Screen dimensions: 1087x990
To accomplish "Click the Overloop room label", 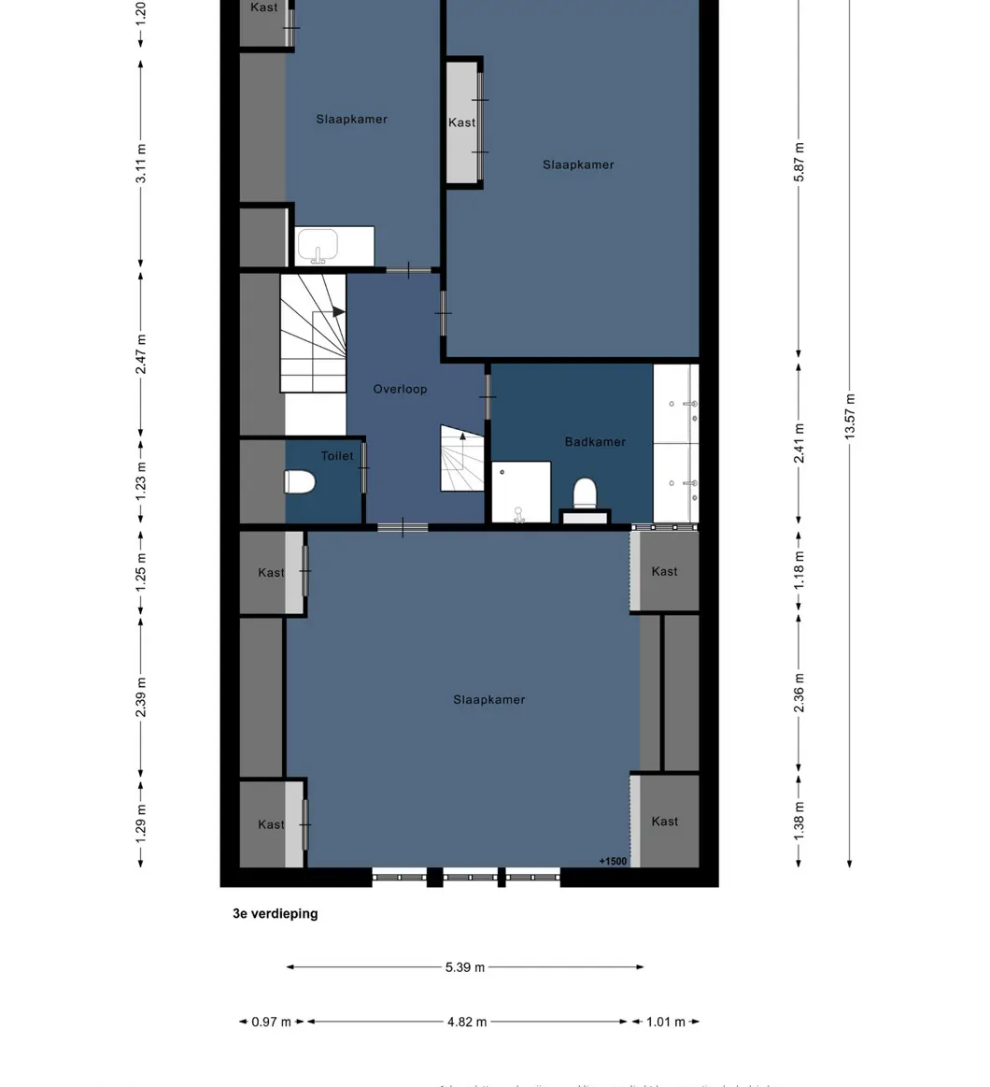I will (400, 389).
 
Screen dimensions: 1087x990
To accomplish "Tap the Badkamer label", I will (595, 441).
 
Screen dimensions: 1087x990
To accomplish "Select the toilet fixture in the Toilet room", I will (300, 481).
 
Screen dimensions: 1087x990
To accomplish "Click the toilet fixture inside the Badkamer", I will (585, 492).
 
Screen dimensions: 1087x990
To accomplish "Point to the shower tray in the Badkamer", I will (520, 492).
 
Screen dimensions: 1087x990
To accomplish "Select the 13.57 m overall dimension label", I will (849, 417).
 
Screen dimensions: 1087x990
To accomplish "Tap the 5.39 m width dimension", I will (464, 967).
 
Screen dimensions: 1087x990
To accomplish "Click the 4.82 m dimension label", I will (466, 1022).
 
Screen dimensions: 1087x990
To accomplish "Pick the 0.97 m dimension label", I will (271, 1022).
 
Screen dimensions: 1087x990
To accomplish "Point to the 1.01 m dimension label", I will (665, 1022).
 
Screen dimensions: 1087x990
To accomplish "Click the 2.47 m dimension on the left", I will (141, 354).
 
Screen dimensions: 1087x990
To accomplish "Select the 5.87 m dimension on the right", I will (799, 162).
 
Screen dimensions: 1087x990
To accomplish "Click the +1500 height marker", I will (613, 861).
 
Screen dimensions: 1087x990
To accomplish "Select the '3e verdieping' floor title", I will (275, 913).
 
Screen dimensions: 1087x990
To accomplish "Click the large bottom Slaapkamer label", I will (488, 699).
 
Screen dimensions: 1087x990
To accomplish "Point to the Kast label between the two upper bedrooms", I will (461, 122).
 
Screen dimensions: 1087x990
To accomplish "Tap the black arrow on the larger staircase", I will (338, 311).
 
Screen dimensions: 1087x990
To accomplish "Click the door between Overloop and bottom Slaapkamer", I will (403, 528).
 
